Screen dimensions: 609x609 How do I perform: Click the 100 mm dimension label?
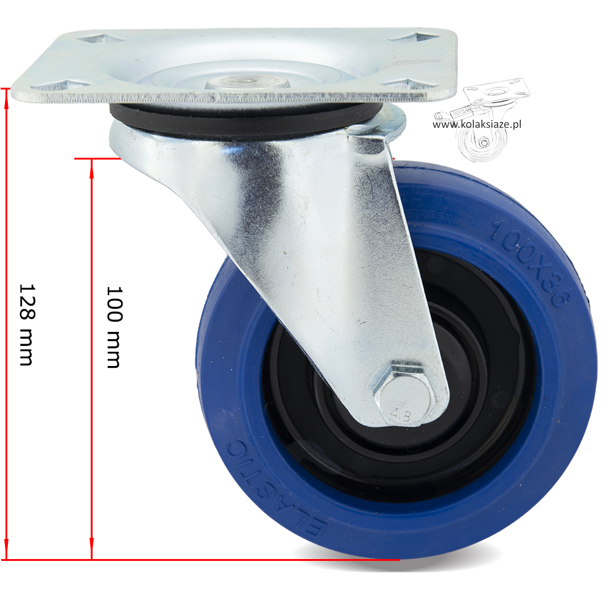114,327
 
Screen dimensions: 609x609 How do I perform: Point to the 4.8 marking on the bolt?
401,415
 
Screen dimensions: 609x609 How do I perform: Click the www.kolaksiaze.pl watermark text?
477,124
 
